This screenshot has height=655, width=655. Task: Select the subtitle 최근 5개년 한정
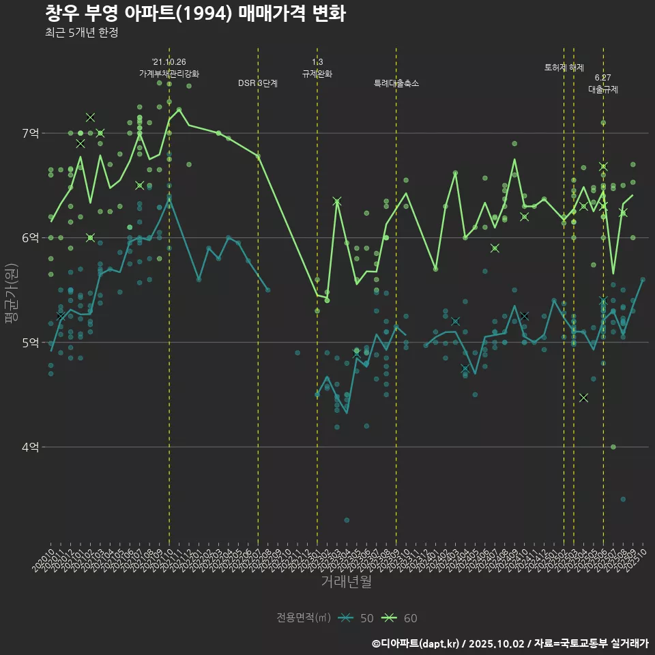tap(81, 32)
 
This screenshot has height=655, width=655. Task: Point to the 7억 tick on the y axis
tap(30, 133)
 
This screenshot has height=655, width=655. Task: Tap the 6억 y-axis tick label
tap(30, 237)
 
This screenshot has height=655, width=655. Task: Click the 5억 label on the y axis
tap(30, 343)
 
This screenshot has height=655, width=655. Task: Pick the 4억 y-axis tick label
tap(30, 447)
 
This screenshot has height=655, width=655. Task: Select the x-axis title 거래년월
tap(347, 582)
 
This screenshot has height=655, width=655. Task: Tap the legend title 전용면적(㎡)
tap(304, 618)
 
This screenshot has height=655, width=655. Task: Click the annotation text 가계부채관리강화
tap(169, 73)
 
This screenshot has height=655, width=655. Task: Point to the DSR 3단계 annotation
tap(258, 83)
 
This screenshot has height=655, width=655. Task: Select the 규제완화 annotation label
tap(317, 73)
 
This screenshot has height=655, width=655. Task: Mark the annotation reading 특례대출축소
tap(396, 83)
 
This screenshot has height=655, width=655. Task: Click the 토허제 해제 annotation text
tap(564, 68)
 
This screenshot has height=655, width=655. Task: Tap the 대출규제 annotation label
tap(603, 89)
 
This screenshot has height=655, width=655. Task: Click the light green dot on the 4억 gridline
tap(613, 447)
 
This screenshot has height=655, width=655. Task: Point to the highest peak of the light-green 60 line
tap(179, 109)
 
